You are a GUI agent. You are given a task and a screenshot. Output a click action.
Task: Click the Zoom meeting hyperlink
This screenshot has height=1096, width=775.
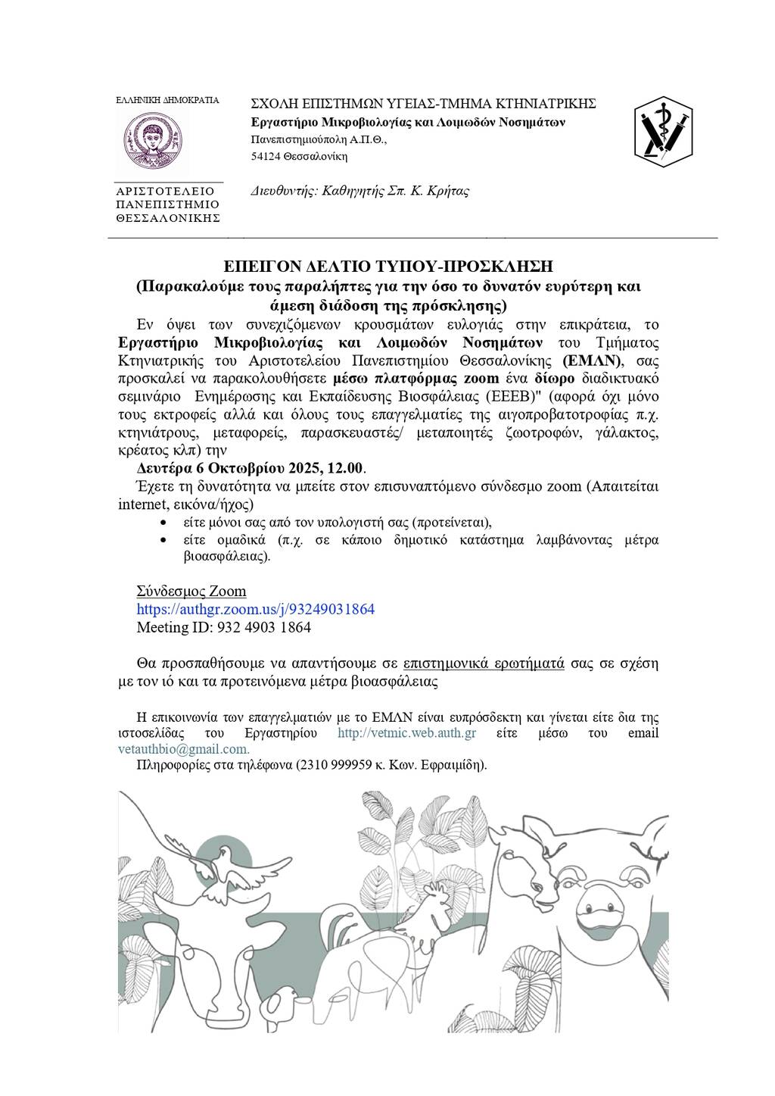pyautogui.click(x=255, y=609)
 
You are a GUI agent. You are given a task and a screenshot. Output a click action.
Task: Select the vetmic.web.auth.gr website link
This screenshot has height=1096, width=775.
pyautogui.click(x=406, y=733)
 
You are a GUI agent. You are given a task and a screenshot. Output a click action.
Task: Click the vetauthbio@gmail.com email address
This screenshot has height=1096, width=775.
pyautogui.click(x=182, y=748)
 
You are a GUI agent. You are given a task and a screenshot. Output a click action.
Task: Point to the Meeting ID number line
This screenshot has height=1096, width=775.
pyautogui.click(x=223, y=627)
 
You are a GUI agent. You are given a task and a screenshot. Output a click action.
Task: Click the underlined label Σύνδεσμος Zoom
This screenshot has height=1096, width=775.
pyautogui.click(x=191, y=591)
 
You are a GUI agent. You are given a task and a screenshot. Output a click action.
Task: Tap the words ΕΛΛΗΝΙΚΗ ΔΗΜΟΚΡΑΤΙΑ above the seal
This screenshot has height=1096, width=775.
pyautogui.click(x=167, y=100)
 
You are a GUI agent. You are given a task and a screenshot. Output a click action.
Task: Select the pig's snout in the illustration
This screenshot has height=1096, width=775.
pyautogui.click(x=603, y=902)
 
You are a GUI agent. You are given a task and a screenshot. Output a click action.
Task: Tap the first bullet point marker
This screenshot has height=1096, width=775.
pyautogui.click(x=164, y=523)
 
